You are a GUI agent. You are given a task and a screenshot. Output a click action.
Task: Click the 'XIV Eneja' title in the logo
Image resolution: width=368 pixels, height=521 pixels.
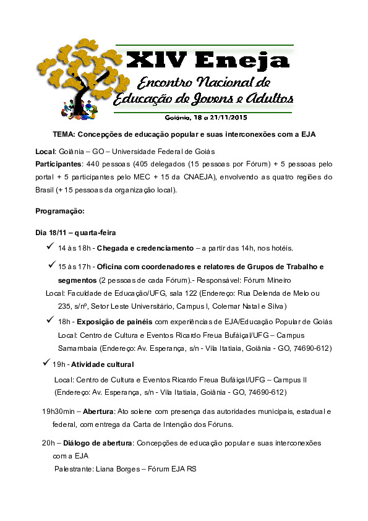207,59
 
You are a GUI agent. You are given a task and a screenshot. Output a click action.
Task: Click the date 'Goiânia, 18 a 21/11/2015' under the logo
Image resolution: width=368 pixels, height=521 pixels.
207,116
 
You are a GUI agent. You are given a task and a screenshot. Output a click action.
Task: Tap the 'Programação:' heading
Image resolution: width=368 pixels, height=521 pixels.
59,211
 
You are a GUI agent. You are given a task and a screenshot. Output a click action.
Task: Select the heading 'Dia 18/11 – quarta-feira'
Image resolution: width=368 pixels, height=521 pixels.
76,233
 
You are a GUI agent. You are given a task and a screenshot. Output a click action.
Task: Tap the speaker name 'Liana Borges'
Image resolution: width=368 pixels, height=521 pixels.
114,470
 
